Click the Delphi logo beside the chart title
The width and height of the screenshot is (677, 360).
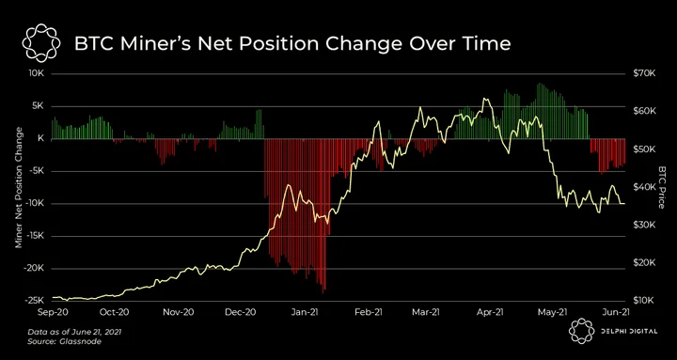40,43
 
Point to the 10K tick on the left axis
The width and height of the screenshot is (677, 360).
36,74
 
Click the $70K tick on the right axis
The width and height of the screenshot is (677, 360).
644,74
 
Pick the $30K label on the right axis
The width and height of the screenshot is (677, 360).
644,225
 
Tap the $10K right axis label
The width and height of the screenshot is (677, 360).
644,301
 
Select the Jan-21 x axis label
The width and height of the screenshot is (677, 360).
306,312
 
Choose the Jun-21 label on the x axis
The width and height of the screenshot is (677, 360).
615,312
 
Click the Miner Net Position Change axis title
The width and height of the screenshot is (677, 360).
19,188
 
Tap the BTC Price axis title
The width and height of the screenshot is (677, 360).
662,187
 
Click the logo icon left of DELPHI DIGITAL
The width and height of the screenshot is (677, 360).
581,331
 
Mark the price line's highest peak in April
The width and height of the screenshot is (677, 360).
485,99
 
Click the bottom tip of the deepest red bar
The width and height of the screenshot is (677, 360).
323,293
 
